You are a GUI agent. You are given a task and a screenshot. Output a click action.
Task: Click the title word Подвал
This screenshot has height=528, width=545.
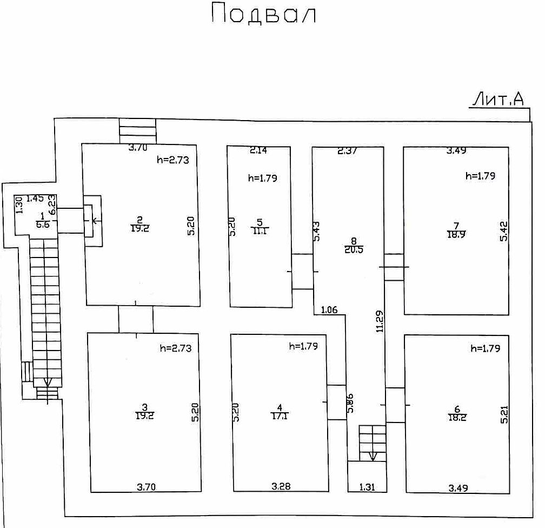pyautogui.click(x=264, y=13)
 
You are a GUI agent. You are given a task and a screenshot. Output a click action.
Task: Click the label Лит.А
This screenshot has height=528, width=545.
pyautogui.click(x=499, y=99)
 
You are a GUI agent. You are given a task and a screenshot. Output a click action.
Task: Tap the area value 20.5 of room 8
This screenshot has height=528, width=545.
pyautogui.click(x=354, y=249)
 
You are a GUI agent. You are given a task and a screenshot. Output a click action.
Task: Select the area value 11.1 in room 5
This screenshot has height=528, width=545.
pyautogui.click(x=260, y=230)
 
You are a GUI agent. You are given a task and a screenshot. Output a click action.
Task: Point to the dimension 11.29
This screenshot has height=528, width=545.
pyautogui.click(x=380, y=321)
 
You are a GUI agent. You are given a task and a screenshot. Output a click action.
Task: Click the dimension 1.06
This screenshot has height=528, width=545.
pyautogui.click(x=329, y=310)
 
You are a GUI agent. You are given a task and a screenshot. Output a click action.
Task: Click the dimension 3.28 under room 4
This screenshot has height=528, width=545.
pyautogui.click(x=281, y=486)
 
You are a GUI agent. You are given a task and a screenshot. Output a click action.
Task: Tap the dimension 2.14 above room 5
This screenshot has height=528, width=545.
pyautogui.click(x=258, y=150)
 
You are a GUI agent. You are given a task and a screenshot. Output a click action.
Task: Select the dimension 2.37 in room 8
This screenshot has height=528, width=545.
pyautogui.click(x=347, y=151)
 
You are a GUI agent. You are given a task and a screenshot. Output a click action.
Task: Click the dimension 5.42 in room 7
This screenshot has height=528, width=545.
pyautogui.click(x=504, y=232)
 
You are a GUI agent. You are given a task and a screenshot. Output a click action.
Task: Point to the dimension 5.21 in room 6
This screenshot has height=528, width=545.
pyautogui.click(x=504, y=414)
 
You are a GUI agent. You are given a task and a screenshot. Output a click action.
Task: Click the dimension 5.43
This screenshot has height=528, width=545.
pyautogui.click(x=317, y=232)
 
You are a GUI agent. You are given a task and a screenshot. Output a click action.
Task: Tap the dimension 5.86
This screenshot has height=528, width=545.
pyautogui.click(x=350, y=403)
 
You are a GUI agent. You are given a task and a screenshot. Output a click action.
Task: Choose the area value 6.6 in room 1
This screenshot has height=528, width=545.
pyautogui.click(x=43, y=225)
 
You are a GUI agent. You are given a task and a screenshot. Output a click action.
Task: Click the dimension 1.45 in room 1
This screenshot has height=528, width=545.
pyautogui.click(x=35, y=199)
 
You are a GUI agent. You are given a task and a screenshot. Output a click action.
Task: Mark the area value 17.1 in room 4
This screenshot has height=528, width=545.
pyautogui.click(x=280, y=415)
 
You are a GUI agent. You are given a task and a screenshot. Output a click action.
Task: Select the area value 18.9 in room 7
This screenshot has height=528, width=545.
pyautogui.click(x=456, y=234)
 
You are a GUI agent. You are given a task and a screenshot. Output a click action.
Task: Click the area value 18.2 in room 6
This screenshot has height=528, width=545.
pyautogui.click(x=457, y=418)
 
